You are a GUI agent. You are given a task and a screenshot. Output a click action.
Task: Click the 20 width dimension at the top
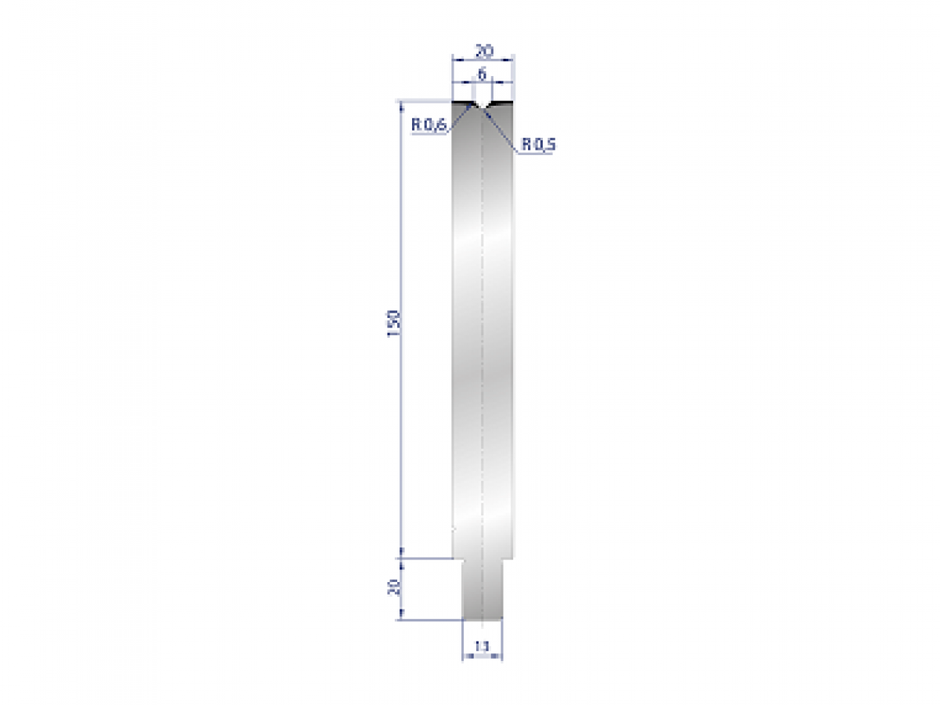[484, 52]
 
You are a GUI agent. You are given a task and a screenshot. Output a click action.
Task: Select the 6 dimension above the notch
[483, 74]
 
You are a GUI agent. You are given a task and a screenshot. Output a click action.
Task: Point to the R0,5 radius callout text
[537, 144]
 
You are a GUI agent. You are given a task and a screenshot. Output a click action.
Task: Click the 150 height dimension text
[394, 323]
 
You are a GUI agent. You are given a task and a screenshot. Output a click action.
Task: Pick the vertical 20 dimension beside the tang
[394, 587]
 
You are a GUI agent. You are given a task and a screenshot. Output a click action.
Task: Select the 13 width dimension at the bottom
[482, 647]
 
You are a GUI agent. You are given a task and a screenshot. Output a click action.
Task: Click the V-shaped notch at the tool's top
[483, 104]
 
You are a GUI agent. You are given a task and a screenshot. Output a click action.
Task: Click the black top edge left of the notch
[463, 101]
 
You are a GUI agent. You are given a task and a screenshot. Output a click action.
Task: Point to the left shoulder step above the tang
[458, 558]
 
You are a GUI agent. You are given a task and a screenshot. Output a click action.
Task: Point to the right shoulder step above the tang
[508, 558]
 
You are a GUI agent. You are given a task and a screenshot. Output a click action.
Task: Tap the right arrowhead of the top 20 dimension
[509, 59]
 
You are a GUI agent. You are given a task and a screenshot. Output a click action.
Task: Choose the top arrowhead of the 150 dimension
[401, 104]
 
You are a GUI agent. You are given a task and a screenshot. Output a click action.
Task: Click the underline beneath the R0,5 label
[536, 154]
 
